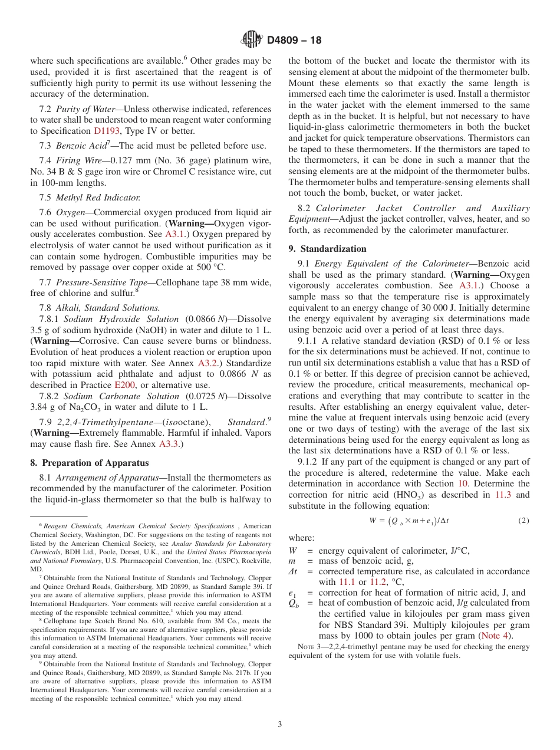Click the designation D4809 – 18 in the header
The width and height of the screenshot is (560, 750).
click(294, 41)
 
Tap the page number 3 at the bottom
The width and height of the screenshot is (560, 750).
click(280, 724)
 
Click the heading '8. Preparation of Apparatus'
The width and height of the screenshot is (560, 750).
click(89, 463)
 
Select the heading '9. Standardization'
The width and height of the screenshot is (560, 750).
click(327, 249)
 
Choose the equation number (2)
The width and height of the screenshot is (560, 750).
click(523, 521)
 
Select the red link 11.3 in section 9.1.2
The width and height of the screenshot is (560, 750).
click(502, 495)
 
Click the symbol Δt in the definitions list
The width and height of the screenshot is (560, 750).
click(294, 571)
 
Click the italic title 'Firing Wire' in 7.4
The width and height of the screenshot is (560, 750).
click(77, 161)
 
